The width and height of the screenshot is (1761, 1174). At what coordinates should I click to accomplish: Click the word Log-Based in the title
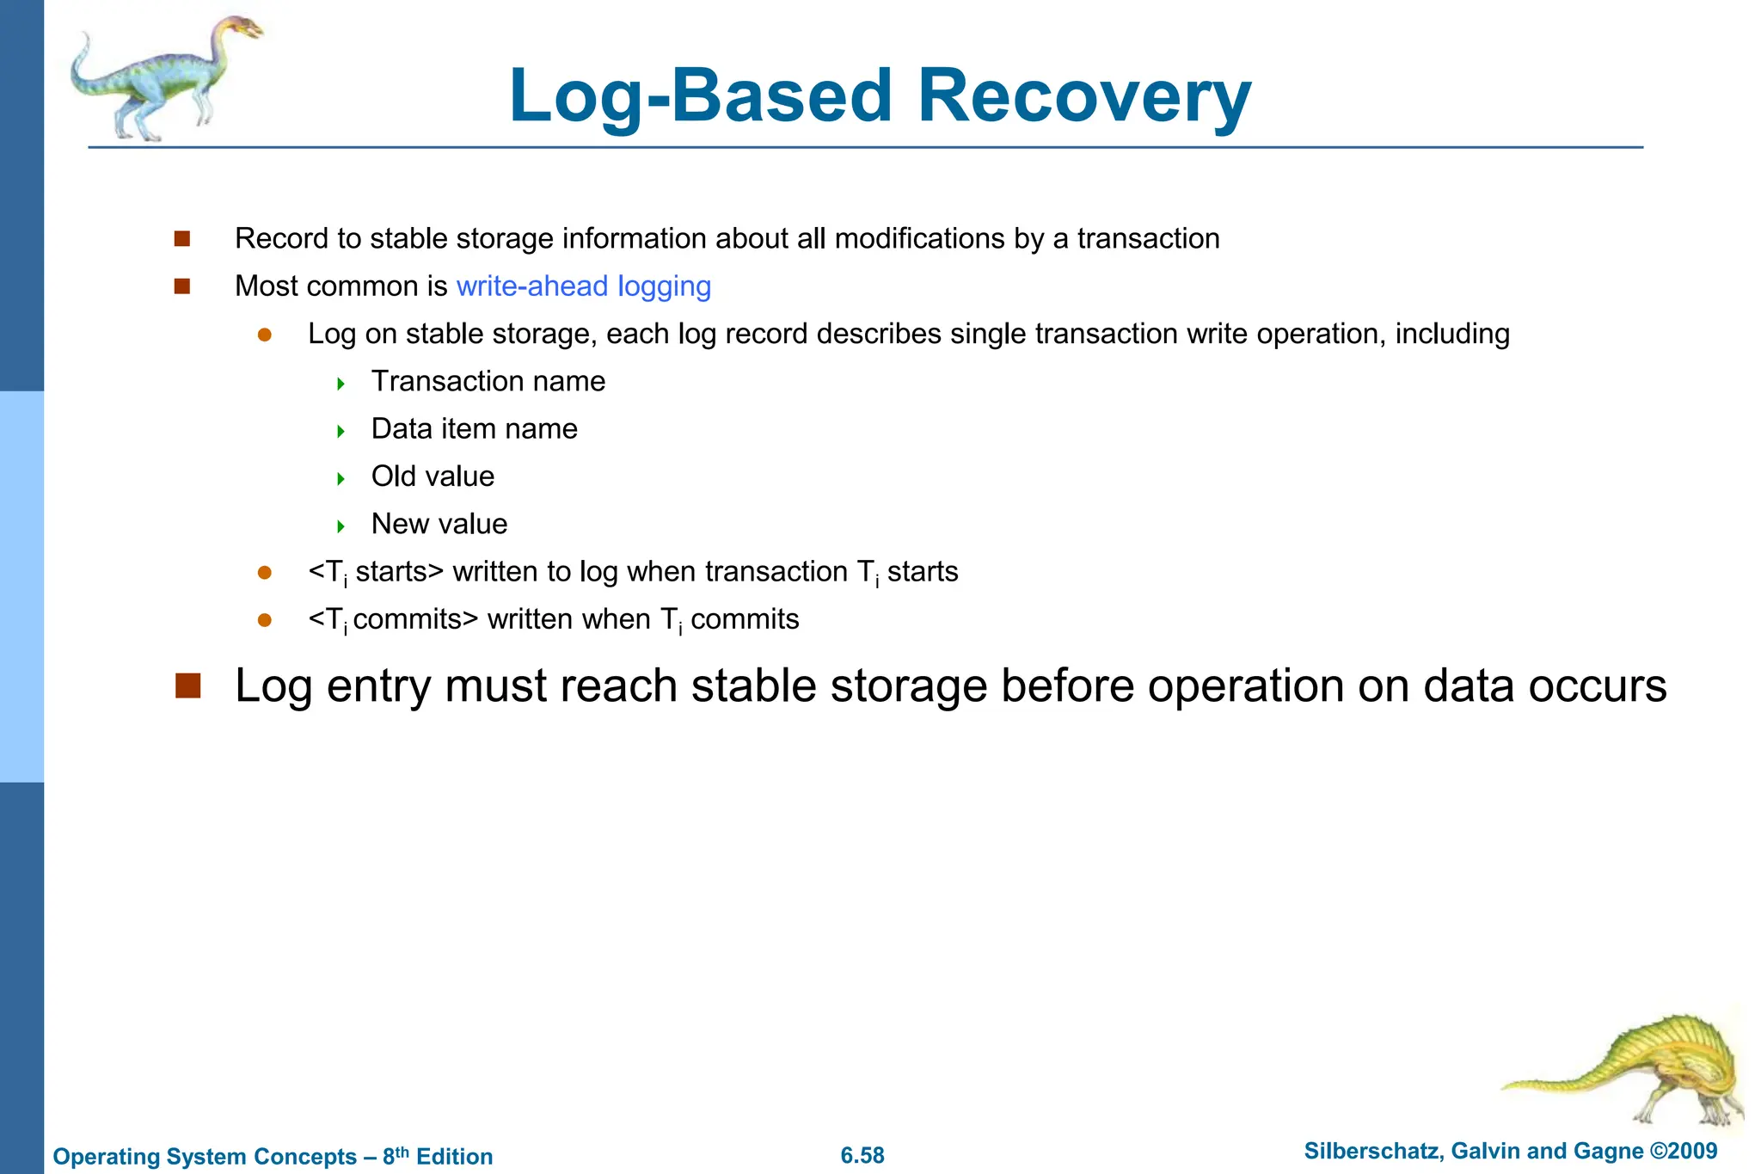[701, 96]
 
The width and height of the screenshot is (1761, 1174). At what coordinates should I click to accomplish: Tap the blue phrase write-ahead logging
[583, 286]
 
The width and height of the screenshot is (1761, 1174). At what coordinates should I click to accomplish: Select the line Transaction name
[488, 381]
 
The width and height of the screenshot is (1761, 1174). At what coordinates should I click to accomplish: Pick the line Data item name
[474, 428]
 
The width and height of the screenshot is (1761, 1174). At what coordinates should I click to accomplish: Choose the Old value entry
[433, 476]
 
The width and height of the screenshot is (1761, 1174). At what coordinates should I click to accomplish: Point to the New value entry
[439, 524]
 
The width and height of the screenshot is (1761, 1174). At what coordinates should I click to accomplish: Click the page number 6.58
[862, 1155]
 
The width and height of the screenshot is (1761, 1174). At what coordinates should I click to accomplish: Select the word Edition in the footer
[454, 1156]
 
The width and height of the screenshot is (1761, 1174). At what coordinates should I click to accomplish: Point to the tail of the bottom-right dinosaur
[1539, 1085]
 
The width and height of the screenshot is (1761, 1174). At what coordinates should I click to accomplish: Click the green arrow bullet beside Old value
[341, 478]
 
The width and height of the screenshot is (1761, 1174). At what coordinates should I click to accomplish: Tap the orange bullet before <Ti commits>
[265, 620]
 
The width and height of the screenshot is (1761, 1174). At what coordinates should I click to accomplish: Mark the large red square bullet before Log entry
[187, 685]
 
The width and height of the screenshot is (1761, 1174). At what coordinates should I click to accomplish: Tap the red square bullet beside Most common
[181, 286]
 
